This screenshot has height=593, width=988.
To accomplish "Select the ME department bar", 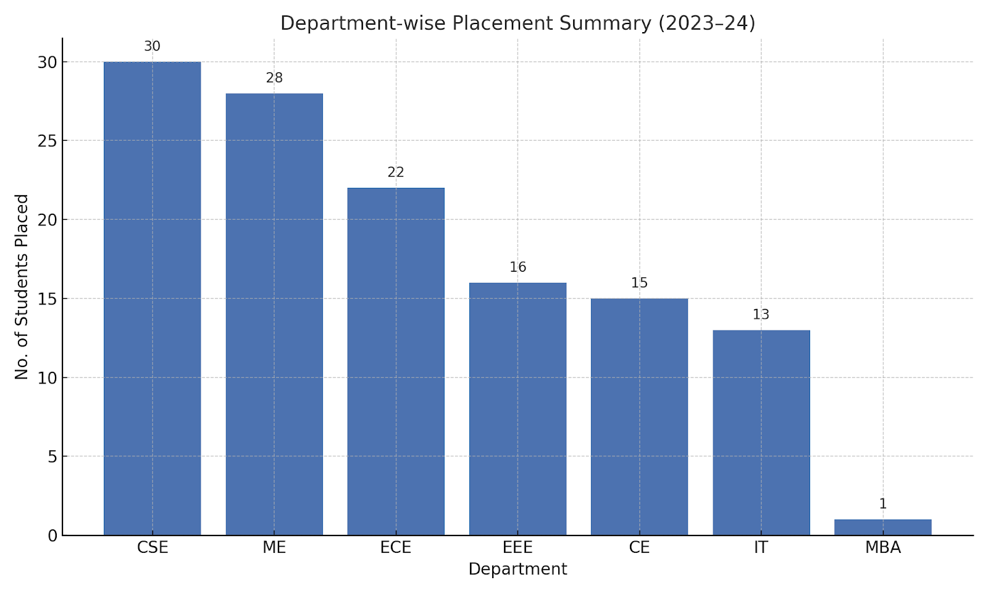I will pos(274,314).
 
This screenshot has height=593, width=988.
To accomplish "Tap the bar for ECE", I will pos(396,361).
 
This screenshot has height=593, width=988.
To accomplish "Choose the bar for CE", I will pos(639,417).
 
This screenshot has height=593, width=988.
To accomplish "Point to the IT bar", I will pos(761,432).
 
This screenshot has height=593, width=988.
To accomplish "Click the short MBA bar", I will pos(882,528).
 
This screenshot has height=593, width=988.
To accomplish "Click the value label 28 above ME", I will pos(274,78).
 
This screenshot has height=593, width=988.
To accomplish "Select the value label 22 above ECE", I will pos(396,172).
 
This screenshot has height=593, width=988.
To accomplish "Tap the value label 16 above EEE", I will pos(517,267).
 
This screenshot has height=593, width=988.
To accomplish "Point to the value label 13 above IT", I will pos(761,314).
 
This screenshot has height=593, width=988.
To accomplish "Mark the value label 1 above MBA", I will pos(882,504).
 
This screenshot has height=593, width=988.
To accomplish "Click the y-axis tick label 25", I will pos(47,141).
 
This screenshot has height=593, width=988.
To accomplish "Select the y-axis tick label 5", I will pos(52,456).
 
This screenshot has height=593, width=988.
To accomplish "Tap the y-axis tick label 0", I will pos(52,536).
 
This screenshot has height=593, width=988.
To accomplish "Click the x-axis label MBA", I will pos(882,547).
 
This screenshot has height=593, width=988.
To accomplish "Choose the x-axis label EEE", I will pos(517,547).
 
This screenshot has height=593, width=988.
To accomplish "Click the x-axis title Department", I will pos(517,569).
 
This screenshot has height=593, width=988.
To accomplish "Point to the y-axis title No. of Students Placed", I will pos(22,287).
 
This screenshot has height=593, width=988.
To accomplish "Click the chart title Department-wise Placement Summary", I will pos(517,23).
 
